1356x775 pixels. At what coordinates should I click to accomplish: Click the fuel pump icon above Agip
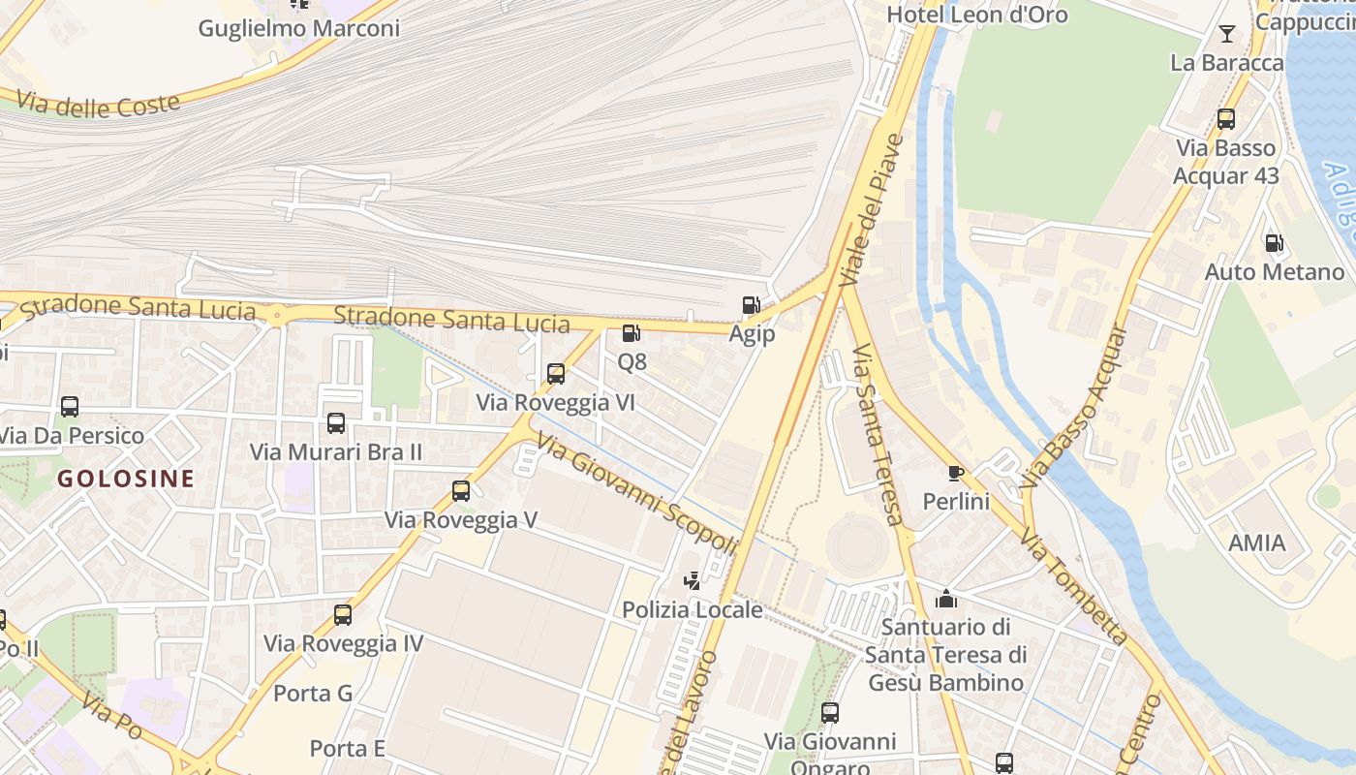point(751,305)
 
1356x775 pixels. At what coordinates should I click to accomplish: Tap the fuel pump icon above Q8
point(631,333)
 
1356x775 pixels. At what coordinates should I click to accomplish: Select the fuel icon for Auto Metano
point(1274,243)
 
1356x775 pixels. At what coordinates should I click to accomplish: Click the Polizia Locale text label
point(692,610)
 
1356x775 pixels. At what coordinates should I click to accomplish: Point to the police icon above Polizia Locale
point(692,581)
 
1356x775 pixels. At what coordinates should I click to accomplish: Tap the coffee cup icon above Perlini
point(956,473)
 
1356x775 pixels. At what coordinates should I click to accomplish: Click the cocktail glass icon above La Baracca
point(1227,34)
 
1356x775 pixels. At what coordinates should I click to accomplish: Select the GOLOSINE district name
point(126,479)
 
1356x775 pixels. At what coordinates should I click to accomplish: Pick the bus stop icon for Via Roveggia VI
point(556,374)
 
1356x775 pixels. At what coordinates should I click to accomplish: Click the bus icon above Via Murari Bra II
point(336,423)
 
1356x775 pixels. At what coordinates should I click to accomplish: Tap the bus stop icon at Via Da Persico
point(70,407)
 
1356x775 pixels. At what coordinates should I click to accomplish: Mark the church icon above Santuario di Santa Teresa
point(946,599)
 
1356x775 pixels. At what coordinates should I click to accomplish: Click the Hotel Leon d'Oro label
point(977,15)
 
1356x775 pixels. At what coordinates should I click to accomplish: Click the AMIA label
point(1256,542)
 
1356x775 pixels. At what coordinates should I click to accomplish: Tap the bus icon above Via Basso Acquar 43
point(1226,119)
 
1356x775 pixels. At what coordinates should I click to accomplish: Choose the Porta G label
point(313,694)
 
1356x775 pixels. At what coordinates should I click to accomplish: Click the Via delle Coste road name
point(99,104)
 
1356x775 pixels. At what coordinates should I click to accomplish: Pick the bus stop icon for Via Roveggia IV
point(343,615)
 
